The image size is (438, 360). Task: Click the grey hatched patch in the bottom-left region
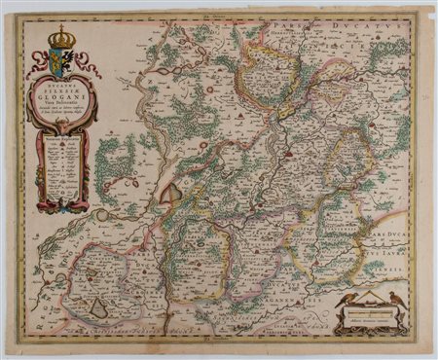(x=100, y=307)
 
